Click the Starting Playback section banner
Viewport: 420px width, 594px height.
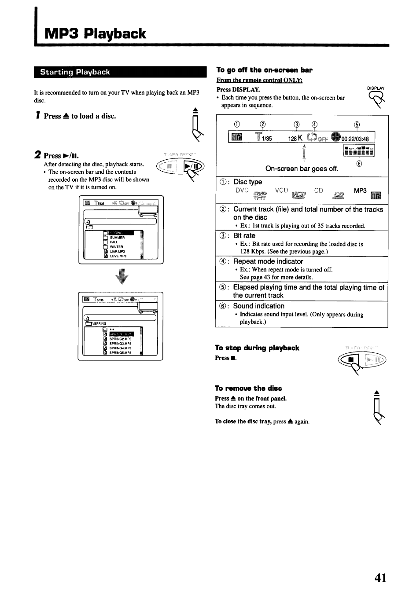tap(75, 72)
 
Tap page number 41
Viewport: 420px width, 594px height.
tap(381, 577)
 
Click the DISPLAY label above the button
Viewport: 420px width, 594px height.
tap(376, 88)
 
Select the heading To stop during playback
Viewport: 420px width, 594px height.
tap(257, 348)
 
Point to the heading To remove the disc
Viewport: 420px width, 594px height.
tap(248, 388)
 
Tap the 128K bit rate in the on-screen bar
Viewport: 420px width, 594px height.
tap(296, 139)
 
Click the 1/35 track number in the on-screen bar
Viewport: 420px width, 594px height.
tap(267, 139)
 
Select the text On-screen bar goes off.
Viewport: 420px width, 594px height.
tap(302, 169)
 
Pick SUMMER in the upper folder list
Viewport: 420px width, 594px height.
tap(117, 238)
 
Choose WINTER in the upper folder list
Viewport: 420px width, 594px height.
tap(116, 247)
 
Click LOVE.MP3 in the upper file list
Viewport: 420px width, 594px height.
tap(118, 256)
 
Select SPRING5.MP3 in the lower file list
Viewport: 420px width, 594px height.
tap(120, 353)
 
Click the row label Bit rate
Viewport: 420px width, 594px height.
tap(244, 236)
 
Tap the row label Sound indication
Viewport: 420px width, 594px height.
tap(258, 306)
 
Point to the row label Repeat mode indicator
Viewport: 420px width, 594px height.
tap(268, 261)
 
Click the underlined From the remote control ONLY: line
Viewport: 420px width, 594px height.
tap(259, 80)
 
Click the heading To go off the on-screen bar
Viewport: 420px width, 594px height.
tap(264, 70)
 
